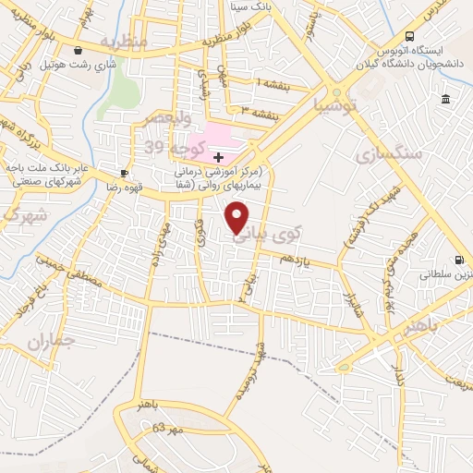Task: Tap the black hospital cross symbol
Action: coord(218,157)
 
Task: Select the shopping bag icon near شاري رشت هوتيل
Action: coord(79,50)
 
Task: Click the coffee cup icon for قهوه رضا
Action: coord(124,173)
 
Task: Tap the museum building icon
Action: coord(445,99)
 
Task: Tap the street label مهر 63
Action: coord(169,430)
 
